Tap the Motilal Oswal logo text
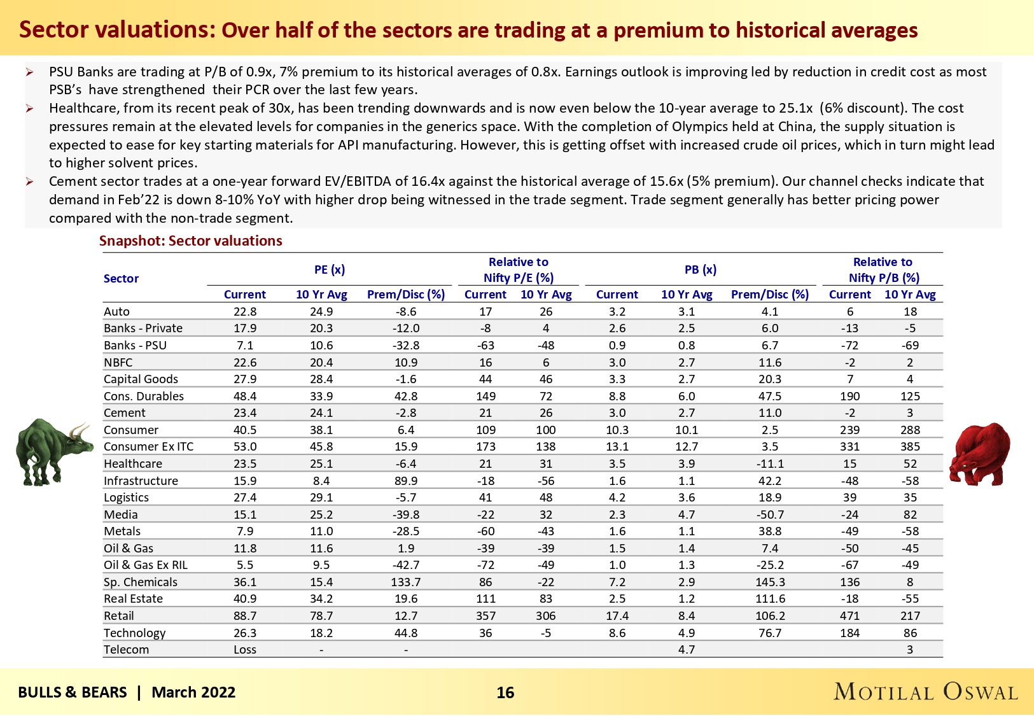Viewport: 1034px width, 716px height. pos(926,692)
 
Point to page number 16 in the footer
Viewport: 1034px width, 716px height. pos(505,692)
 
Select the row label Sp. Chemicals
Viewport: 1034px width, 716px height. pos(141,582)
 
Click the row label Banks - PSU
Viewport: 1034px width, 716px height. pos(135,345)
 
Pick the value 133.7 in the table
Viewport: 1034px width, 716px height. pos(406,582)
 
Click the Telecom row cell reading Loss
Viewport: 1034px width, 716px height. pos(245,649)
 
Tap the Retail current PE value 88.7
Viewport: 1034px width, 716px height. pos(245,615)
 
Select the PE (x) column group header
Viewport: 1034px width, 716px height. pos(330,269)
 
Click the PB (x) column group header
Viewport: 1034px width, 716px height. pos(701,269)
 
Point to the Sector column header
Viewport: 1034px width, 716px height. pos(121,278)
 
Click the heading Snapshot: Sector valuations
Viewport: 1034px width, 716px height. pos(190,241)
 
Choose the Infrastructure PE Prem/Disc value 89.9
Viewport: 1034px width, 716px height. pos(406,481)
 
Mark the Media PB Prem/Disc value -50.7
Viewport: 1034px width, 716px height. pos(770,514)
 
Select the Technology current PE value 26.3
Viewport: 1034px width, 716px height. pos(245,633)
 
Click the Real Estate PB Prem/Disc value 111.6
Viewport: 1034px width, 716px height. pos(770,598)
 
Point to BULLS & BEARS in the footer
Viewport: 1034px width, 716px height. pos(73,692)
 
